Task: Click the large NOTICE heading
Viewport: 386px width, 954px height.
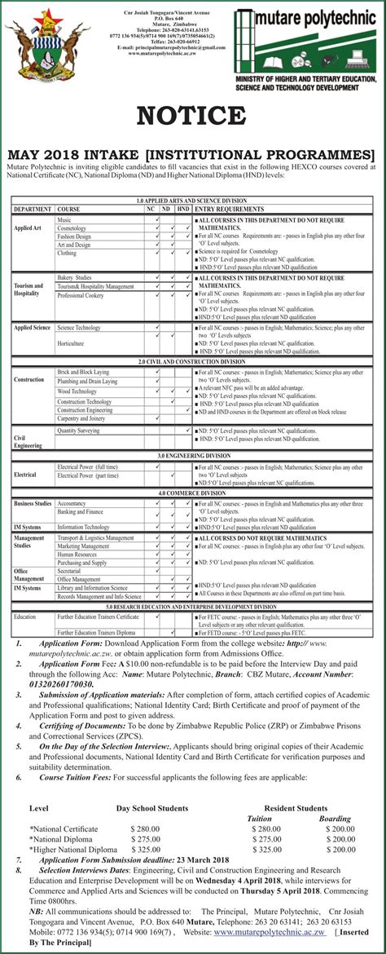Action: pyautogui.click(x=192, y=116)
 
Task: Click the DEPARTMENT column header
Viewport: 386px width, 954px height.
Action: pyautogui.click(x=32, y=210)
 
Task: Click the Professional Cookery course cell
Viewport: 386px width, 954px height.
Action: pyautogui.click(x=81, y=296)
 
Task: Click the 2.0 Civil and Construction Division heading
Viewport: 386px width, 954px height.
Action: pyautogui.click(x=192, y=361)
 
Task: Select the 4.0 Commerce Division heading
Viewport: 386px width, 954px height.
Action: pyautogui.click(x=192, y=493)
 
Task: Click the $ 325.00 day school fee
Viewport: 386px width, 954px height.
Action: pyautogui.click(x=144, y=849)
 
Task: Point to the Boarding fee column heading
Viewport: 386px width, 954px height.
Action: pyautogui.click(x=335, y=818)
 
